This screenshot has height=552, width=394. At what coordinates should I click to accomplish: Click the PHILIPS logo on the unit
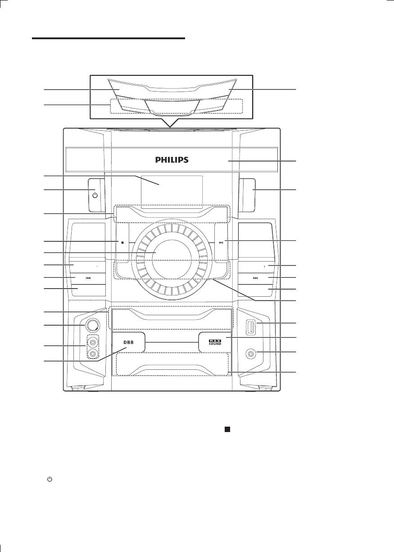172,160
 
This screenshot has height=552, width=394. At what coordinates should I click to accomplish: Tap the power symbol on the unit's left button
95,196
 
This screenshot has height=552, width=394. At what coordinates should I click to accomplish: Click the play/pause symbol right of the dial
221,243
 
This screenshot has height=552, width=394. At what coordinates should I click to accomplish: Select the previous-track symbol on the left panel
88,278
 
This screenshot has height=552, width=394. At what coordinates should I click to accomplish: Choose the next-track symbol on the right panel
255,278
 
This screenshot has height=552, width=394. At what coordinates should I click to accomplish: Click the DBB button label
128,343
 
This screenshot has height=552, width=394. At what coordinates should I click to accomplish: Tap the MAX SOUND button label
215,342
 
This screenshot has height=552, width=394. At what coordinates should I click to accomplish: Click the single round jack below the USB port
251,354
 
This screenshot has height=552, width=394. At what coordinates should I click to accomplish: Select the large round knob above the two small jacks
93,326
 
